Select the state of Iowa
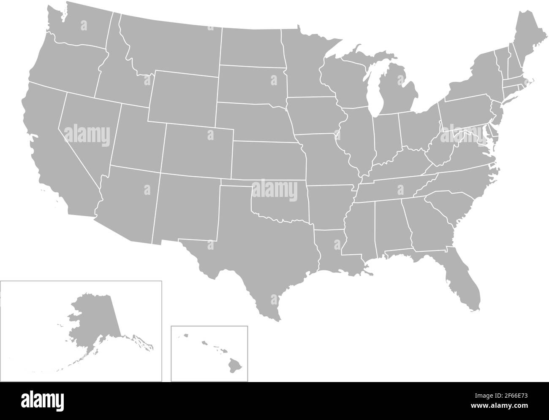click(x=313, y=116)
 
